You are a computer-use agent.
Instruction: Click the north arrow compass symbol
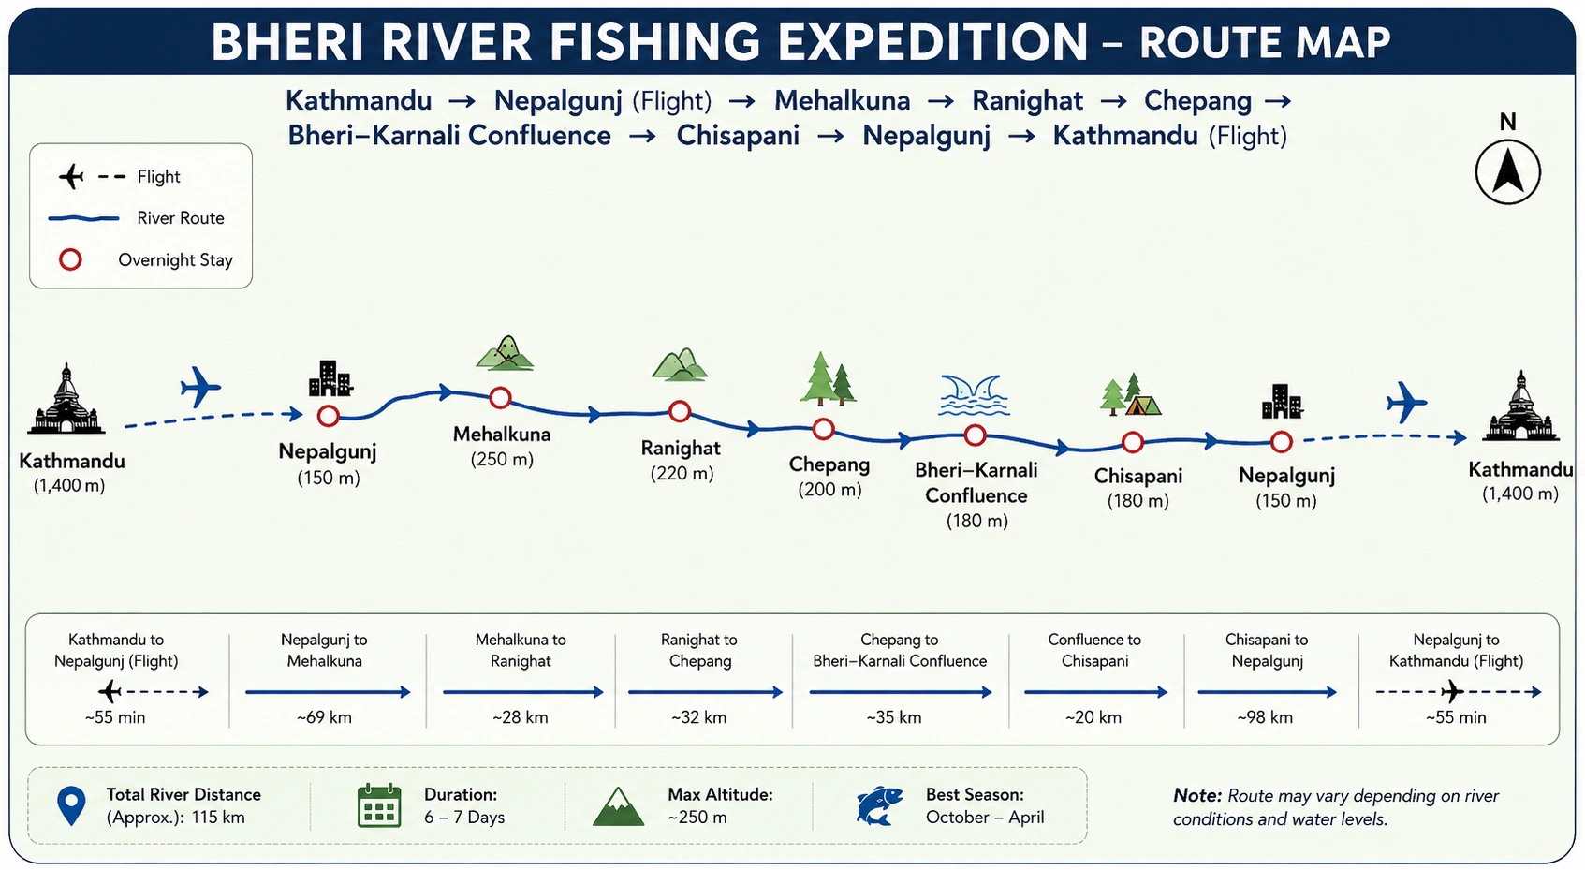point(1508,172)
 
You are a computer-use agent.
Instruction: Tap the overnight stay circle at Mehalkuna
point(500,390)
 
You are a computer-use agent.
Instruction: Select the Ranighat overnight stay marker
point(680,402)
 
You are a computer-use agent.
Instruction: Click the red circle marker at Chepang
point(823,420)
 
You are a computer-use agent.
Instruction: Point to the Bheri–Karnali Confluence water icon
point(974,395)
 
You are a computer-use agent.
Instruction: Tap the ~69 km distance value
point(324,717)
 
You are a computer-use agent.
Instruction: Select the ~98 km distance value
point(1265,717)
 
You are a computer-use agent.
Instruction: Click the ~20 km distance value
point(1093,717)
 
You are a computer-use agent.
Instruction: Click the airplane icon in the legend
point(71,176)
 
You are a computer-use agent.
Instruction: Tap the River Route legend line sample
point(83,218)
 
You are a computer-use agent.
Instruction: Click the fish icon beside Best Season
point(879,805)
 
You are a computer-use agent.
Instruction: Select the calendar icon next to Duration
point(379,805)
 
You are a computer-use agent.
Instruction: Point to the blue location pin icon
point(71,805)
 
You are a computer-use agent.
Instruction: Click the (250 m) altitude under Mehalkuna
point(502,460)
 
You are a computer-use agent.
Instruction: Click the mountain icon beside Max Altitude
point(618,807)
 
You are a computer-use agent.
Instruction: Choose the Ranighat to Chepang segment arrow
point(706,692)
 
